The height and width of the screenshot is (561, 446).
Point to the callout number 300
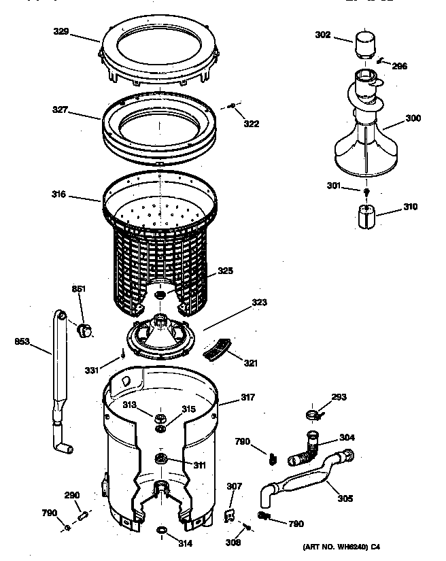(413, 118)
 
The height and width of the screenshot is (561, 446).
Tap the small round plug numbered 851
(85, 330)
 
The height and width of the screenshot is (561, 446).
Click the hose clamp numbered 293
(313, 414)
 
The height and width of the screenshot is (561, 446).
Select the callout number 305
(345, 498)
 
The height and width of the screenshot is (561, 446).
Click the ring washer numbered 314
(162, 530)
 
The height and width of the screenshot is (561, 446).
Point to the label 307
(234, 486)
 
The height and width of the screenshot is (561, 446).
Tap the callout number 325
(225, 271)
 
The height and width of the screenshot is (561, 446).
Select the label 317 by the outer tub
(247, 398)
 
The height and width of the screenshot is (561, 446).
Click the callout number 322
(252, 124)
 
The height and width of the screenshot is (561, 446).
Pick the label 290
(72, 495)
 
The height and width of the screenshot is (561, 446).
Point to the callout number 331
(91, 371)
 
